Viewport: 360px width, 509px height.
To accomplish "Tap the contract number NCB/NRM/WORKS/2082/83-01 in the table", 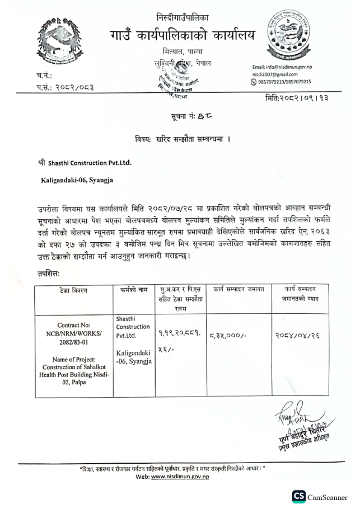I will point(71,337).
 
